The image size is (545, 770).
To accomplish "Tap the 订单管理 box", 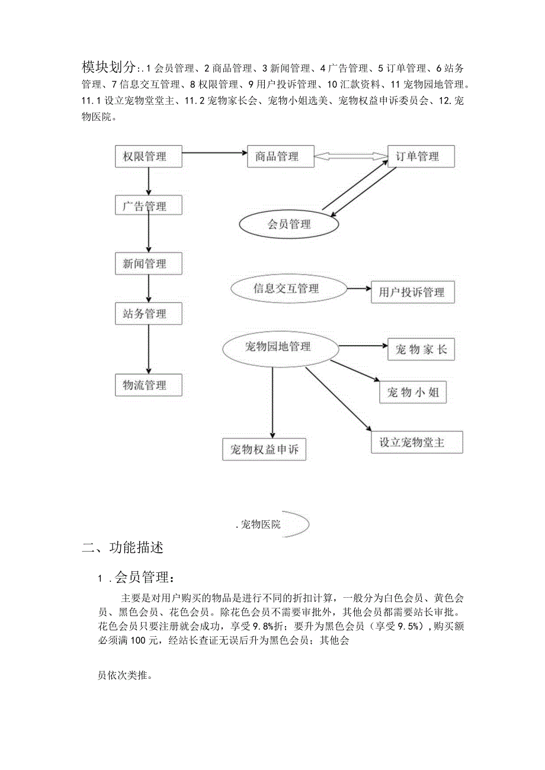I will [x=421, y=157].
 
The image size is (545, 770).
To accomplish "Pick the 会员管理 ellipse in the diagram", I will [x=288, y=224].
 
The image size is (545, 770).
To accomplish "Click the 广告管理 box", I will [x=148, y=206].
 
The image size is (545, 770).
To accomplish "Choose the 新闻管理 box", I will [x=148, y=263].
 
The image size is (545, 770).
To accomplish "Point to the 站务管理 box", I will [x=148, y=314].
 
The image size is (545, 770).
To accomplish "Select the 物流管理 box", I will [x=148, y=385].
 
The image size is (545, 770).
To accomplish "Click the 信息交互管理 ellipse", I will [x=287, y=289].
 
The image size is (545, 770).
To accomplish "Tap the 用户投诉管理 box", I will [x=413, y=292].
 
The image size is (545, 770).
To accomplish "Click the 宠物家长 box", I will [x=421, y=350].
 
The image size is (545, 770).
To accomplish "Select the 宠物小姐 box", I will [x=412, y=392].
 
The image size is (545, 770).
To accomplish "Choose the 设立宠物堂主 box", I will [x=416, y=442].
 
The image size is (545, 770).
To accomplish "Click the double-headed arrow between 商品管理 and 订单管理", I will [x=351, y=157].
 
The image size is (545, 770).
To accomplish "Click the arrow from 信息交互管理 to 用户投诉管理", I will [x=358, y=289].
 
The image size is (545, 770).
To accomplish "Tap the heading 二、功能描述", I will [x=123, y=547].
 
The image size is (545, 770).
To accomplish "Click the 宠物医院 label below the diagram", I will [x=261, y=524].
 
